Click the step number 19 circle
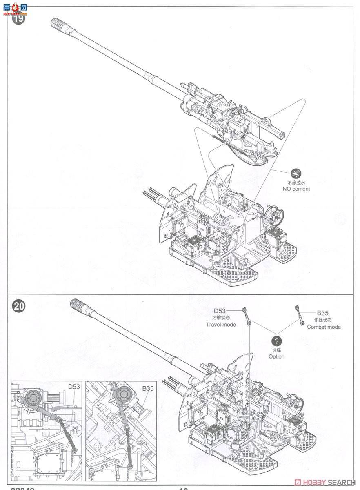(18, 18)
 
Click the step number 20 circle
(18, 307)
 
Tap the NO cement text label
(296, 189)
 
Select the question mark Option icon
(276, 341)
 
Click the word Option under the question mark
(276, 356)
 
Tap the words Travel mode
(221, 325)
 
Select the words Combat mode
(324, 327)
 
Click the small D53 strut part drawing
(247, 316)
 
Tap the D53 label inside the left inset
(74, 387)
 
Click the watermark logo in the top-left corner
(14, 7)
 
